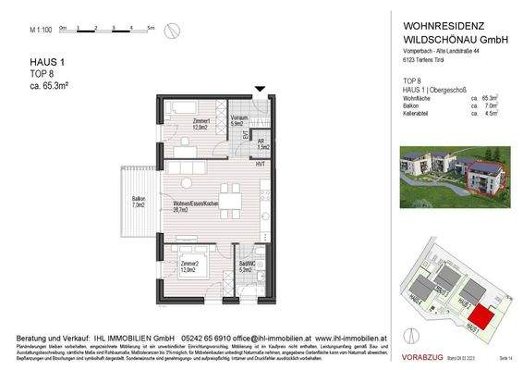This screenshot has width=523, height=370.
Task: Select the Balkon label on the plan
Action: click(138, 201)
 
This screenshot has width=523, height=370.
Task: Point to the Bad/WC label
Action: click(244, 267)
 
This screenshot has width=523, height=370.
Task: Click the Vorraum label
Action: click(238, 120)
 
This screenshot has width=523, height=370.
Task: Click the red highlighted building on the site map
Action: click(480, 320)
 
